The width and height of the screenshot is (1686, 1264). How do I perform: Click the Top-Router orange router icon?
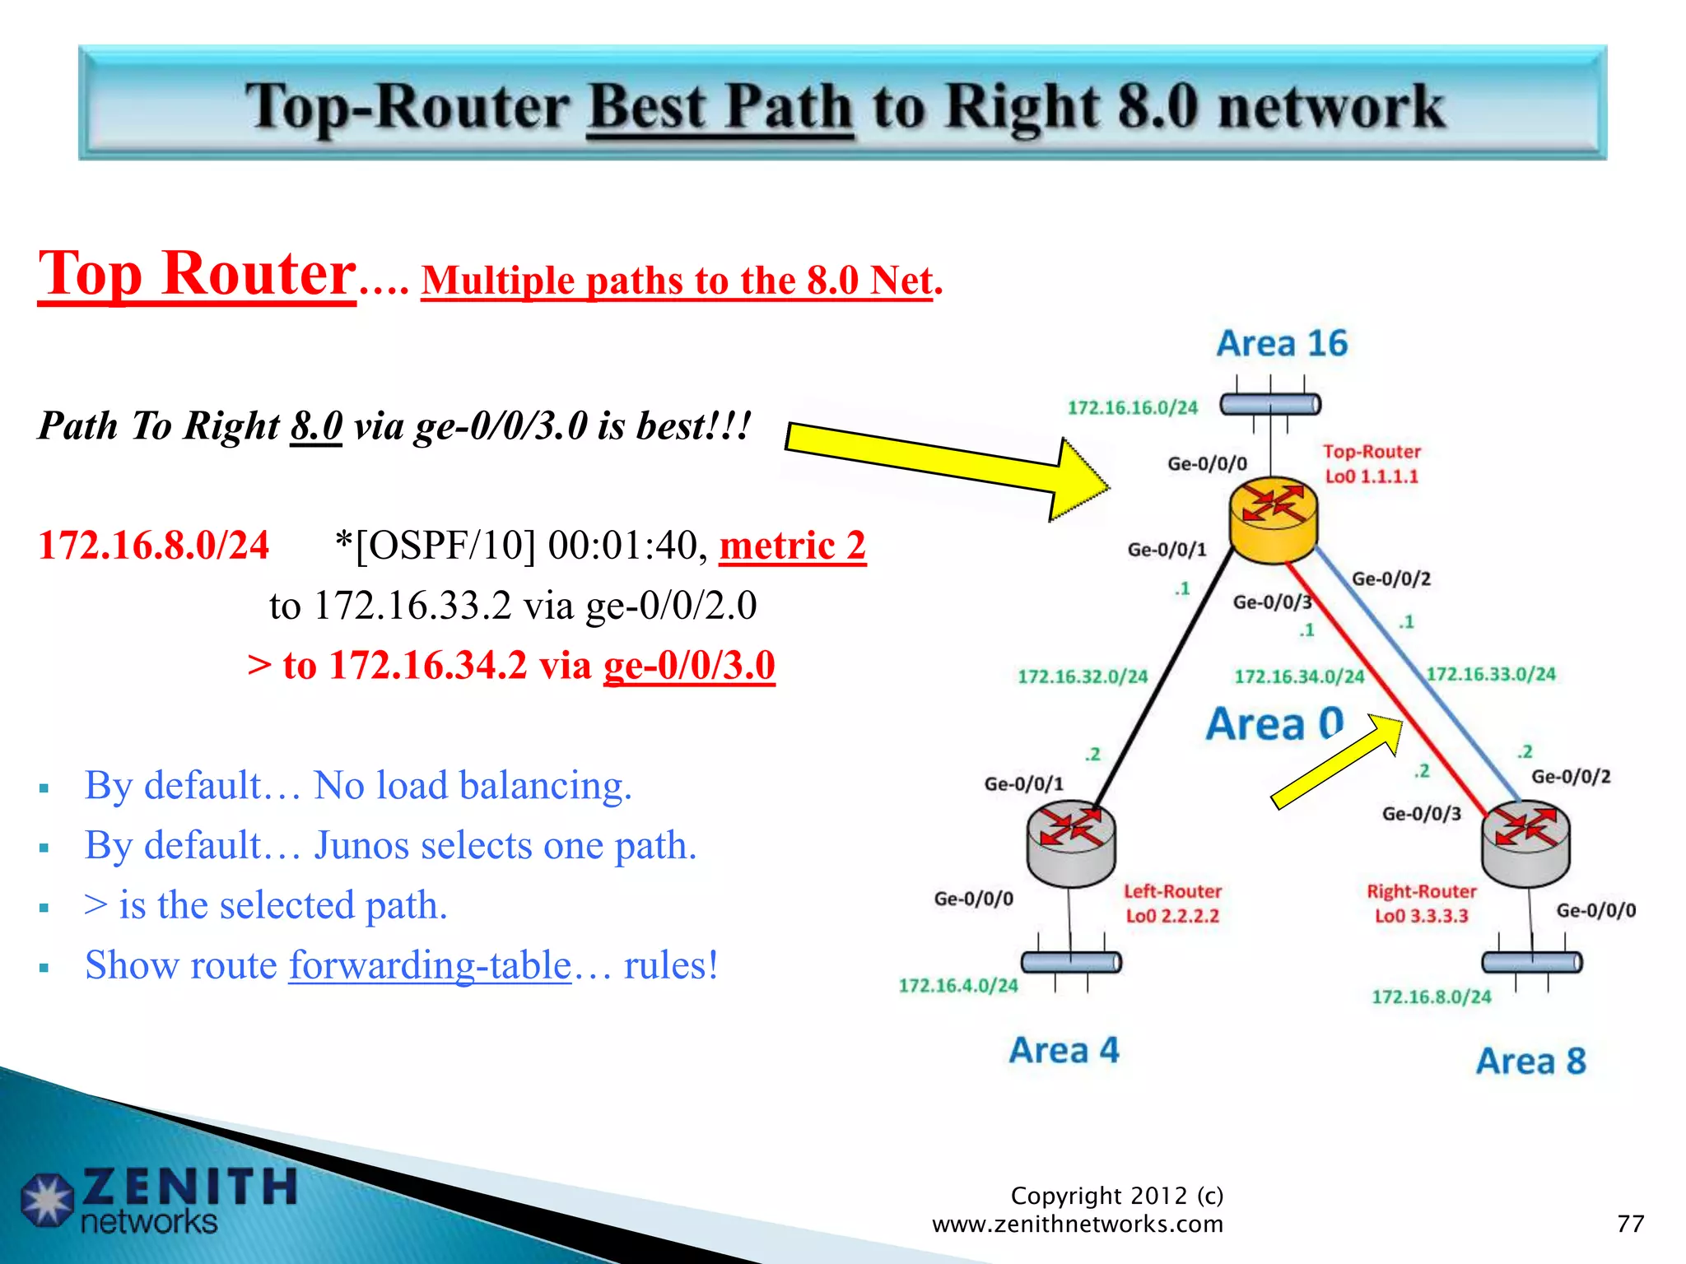tap(1273, 520)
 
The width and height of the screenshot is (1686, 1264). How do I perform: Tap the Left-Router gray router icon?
tap(1070, 843)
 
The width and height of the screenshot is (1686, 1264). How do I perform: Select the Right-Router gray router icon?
tap(1525, 843)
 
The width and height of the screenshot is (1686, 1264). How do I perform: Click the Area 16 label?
tap(1282, 343)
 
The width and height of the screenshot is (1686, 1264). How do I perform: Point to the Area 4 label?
tap(1064, 1050)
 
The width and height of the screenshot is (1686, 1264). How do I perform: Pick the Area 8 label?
tap(1530, 1061)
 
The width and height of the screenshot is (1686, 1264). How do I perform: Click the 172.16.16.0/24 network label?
tap(1132, 407)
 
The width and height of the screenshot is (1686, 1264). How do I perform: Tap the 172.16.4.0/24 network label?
tap(958, 985)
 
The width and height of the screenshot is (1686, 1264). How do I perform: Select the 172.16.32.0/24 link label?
tap(1082, 676)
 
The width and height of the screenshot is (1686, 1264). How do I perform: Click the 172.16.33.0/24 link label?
tap(1491, 674)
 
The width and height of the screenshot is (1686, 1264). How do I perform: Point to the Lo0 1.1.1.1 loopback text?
tap(1372, 476)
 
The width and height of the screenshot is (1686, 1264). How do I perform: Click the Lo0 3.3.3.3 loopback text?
tap(1421, 916)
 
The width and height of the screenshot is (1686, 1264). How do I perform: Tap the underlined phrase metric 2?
tap(792, 546)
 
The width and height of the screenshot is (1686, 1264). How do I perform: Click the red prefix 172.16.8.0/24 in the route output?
tap(154, 546)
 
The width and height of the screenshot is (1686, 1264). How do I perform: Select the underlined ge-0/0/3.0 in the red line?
tap(689, 665)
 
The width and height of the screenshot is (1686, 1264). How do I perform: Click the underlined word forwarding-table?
tap(430, 965)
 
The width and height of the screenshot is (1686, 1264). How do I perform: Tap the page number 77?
tap(1630, 1224)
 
